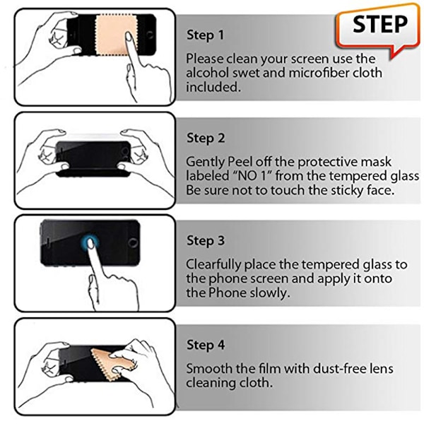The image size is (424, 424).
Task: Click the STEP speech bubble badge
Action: [377, 29]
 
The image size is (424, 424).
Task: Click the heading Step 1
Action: [205, 35]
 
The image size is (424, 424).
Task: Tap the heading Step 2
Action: [206, 139]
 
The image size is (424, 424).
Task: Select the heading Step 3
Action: [206, 241]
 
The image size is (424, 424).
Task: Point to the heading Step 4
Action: [206, 345]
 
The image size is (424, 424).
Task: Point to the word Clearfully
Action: [213, 265]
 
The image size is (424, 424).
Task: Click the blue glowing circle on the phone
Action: [90, 243]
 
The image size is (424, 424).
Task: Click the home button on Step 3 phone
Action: [133, 242]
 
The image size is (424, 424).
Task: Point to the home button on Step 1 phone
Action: [150, 35]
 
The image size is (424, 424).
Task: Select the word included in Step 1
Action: [213, 87]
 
